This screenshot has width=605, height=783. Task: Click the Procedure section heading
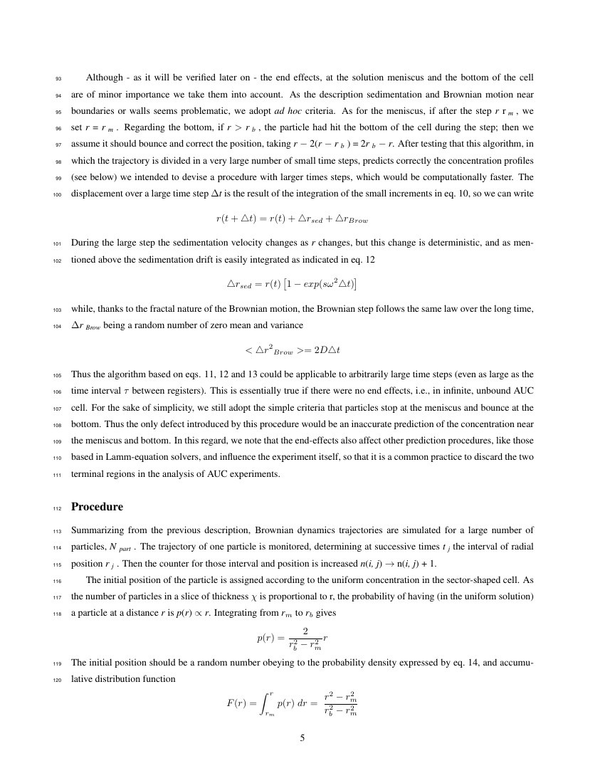click(x=97, y=507)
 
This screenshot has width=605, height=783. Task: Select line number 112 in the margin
click(x=57, y=508)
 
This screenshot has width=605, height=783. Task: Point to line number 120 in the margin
click(x=57, y=679)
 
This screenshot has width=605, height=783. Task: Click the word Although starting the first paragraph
click(x=104, y=77)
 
